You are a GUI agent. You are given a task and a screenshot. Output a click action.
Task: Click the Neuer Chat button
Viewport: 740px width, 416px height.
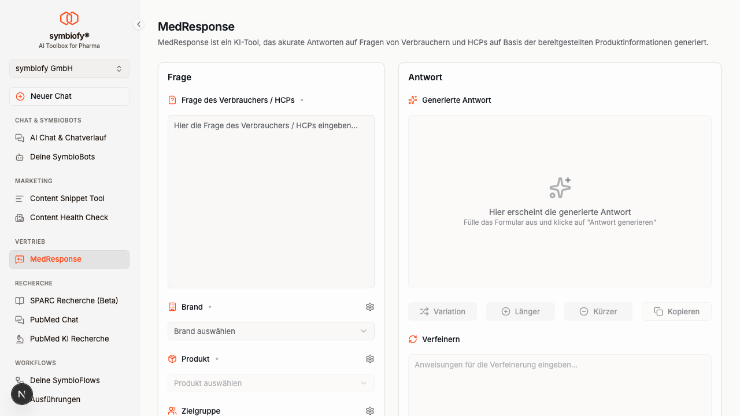pyautogui.click(x=69, y=96)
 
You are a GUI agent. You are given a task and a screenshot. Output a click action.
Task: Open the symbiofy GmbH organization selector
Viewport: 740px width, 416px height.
pyautogui.click(x=69, y=69)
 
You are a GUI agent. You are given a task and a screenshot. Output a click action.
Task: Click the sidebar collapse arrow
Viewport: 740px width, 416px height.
pyautogui.click(x=139, y=24)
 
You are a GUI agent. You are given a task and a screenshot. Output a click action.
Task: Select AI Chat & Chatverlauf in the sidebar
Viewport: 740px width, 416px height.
pyautogui.click(x=69, y=138)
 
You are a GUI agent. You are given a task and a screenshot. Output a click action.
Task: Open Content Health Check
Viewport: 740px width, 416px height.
pyautogui.click(x=69, y=218)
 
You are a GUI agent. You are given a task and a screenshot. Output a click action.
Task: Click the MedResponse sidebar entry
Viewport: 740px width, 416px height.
pyautogui.click(x=69, y=259)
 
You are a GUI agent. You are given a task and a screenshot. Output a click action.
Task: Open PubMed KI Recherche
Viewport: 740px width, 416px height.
pyautogui.click(x=69, y=339)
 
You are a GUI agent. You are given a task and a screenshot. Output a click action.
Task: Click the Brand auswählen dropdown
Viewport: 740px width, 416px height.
pyautogui.click(x=271, y=331)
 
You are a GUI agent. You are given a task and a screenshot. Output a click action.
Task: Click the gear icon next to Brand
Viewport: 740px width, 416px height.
pyautogui.click(x=369, y=307)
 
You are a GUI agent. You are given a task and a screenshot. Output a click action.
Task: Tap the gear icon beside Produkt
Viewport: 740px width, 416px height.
pyautogui.click(x=369, y=359)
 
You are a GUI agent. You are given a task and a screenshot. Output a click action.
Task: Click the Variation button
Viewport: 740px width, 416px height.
pyautogui.click(x=442, y=311)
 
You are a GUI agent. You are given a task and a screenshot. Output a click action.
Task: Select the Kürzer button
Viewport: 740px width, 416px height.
pyautogui.click(x=598, y=311)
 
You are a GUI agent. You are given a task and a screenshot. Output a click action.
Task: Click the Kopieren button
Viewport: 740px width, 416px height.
pyautogui.click(x=676, y=311)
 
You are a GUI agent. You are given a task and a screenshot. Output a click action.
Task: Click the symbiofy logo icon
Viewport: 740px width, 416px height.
pyautogui.click(x=69, y=18)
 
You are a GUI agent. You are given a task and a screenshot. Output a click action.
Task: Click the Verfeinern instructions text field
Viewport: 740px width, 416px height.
pyautogui.click(x=560, y=385)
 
